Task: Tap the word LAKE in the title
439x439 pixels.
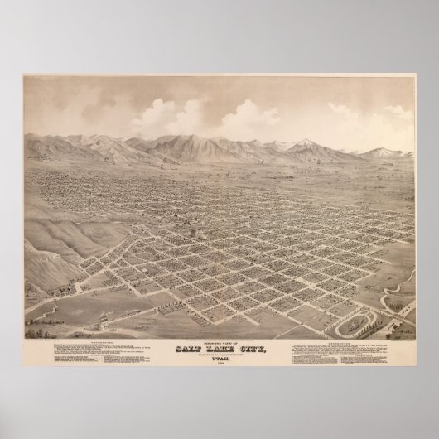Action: click(221, 332)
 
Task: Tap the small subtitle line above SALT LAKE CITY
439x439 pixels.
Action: click(221, 325)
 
